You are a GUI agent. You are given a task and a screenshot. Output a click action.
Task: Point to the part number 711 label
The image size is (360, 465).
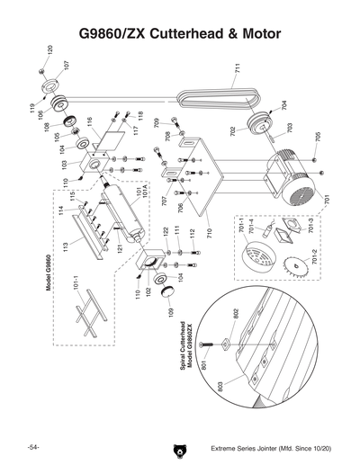click(236, 67)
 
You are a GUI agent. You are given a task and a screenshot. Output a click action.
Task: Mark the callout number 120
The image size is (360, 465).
click(50, 52)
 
